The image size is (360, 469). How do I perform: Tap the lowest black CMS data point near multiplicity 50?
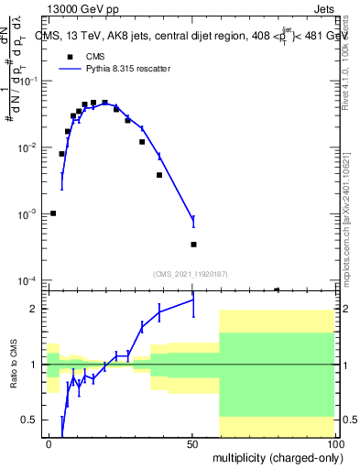(x=193, y=245)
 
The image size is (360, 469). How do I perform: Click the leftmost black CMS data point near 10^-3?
(x=53, y=213)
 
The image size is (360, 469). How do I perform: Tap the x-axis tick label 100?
(x=335, y=444)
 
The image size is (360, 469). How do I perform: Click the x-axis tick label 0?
(x=49, y=444)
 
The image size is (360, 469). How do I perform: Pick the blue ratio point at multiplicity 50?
(x=193, y=300)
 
